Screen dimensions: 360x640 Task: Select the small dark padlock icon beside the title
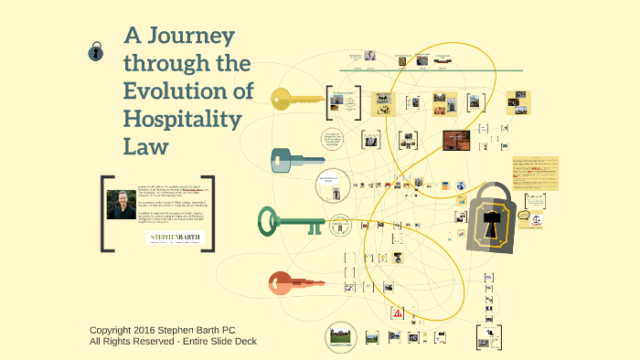(x=94, y=51)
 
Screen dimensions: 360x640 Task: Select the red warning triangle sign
(x=398, y=312)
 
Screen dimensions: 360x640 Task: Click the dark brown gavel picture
(x=455, y=140)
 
